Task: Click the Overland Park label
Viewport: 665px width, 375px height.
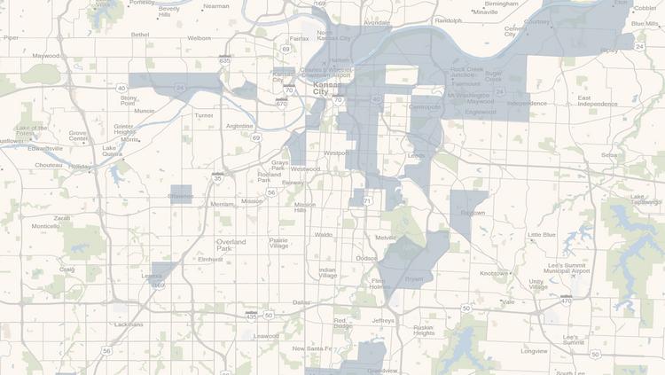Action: point(237,245)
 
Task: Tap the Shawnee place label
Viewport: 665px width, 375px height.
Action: point(181,196)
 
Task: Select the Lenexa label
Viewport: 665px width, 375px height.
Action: point(152,276)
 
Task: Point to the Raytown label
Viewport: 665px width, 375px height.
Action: point(473,213)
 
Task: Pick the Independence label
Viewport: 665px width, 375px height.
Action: point(527,104)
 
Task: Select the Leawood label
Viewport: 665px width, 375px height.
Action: point(266,336)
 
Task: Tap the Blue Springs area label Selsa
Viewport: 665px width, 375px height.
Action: point(609,154)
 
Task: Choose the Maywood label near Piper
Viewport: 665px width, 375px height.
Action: point(46,55)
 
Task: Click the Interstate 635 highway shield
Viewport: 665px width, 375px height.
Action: point(225,60)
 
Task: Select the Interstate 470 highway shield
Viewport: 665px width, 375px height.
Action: point(567,301)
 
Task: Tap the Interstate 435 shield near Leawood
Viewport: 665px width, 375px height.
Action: point(252,316)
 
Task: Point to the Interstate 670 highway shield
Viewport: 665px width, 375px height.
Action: point(282,104)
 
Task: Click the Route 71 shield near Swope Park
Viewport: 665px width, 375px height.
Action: point(367,202)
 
